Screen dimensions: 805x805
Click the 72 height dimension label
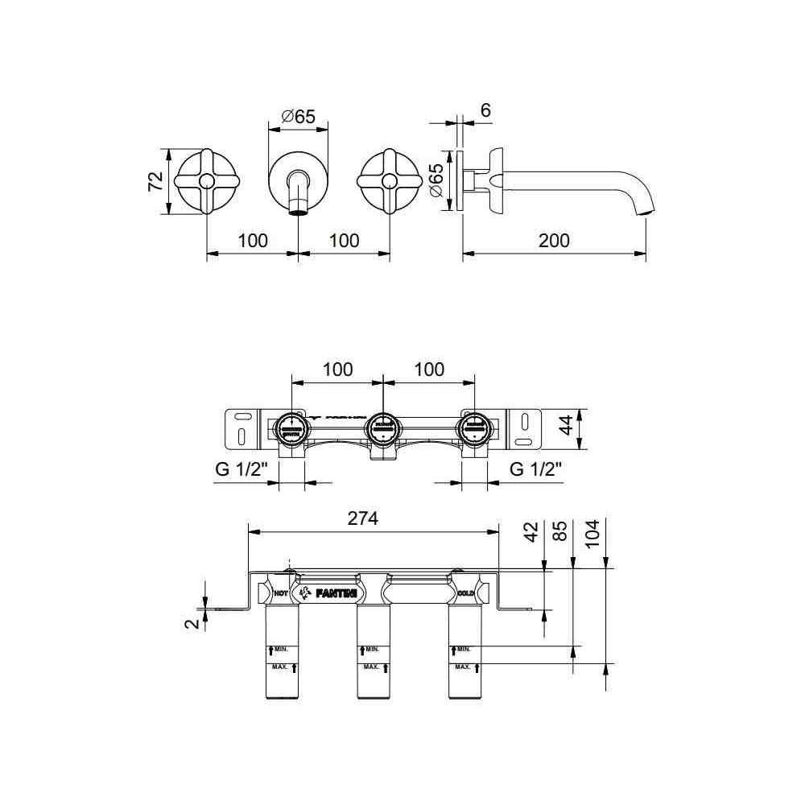(x=155, y=181)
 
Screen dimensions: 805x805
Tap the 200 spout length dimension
(x=554, y=240)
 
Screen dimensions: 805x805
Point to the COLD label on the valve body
(x=466, y=592)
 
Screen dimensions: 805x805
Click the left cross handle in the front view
(x=208, y=181)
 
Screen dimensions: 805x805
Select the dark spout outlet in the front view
(x=298, y=213)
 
